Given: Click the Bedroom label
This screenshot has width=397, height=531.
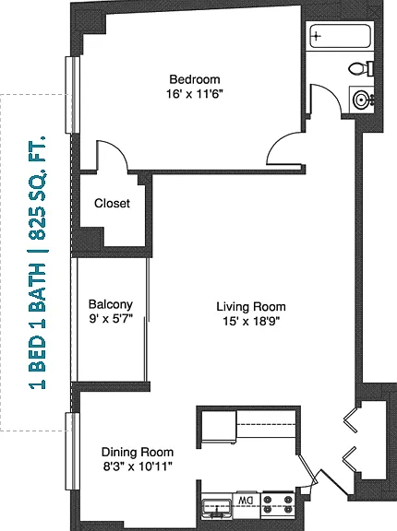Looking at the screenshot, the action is (195, 79).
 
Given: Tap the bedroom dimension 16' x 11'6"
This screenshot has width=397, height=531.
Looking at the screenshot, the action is (195, 94).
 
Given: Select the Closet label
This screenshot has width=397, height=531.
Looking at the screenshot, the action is (112, 203).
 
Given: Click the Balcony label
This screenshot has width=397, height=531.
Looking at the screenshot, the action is (111, 304).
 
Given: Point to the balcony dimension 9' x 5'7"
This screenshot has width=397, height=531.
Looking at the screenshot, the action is (111, 319).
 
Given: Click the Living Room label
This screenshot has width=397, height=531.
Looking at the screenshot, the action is (251, 307).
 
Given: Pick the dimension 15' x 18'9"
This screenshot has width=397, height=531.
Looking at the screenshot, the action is (251, 321).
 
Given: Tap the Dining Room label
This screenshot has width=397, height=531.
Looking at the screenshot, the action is (138, 453).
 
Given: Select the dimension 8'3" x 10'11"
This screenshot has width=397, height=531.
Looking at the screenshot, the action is (138, 466).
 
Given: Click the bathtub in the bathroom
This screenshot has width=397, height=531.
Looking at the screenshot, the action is (340, 36).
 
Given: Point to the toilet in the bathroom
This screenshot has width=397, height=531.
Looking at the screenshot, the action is (361, 69).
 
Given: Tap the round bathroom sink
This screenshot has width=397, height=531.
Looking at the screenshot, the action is (361, 99).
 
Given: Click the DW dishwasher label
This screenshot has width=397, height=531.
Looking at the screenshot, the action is (246, 500).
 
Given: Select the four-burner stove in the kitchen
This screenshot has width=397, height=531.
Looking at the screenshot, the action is (278, 504).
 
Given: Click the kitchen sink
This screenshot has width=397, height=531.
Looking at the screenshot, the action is (217, 507).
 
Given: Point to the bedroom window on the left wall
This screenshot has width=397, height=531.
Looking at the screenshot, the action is (72, 94).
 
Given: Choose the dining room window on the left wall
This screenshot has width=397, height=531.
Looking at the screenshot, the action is (72, 451).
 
